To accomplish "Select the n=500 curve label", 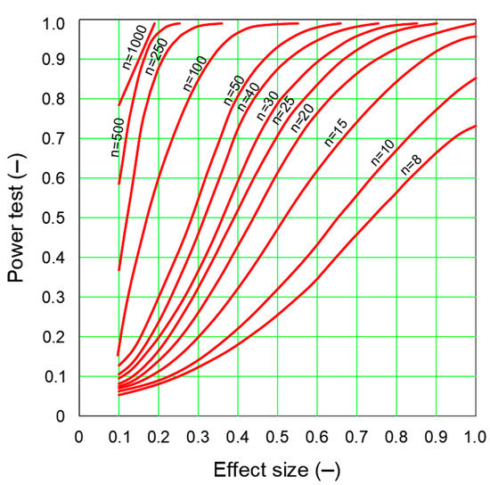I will pos(116,136).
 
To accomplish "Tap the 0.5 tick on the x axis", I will pos(277,437).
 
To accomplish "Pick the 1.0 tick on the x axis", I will pos(474,437).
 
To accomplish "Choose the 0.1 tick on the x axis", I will pos(118,437).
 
